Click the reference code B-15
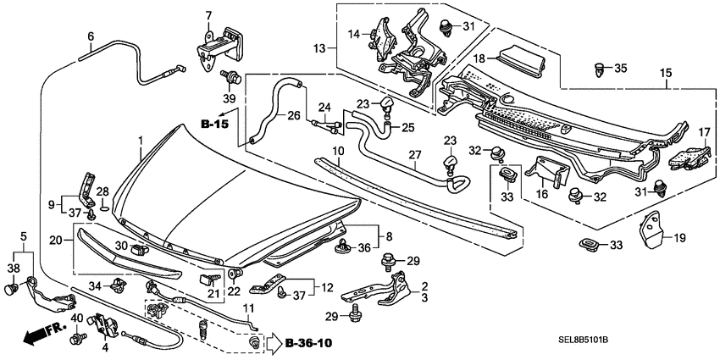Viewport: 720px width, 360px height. pos(214,125)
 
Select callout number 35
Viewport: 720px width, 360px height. pos(622,68)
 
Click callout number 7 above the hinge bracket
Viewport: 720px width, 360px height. pos(208,14)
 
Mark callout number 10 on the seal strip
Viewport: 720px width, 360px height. pos(337,151)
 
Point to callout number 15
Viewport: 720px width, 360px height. pos(668,73)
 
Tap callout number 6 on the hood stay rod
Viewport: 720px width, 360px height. pos(90,36)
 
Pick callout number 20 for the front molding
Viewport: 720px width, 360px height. pos(55,241)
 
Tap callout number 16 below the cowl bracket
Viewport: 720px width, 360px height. pos(542,194)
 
